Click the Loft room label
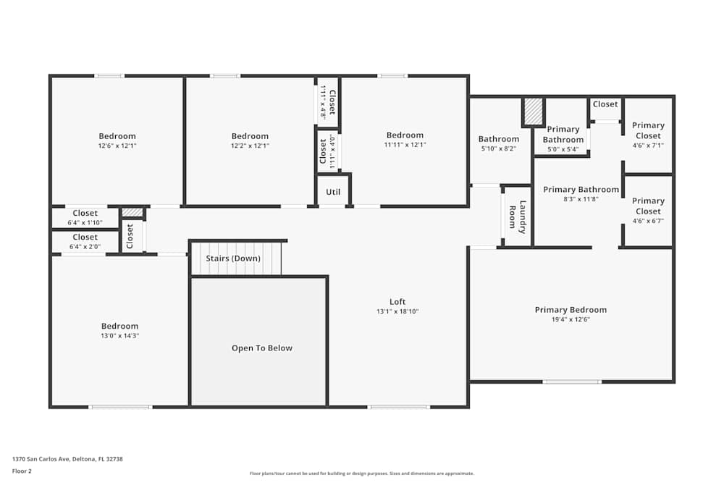(397, 302)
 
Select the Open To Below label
(262, 348)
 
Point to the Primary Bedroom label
(571, 310)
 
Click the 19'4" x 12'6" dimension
(571, 319)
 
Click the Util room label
(333, 193)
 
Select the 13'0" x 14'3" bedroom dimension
(119, 336)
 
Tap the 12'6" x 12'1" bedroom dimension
(117, 146)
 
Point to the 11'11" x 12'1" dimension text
(405, 145)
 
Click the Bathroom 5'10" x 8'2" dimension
(498, 148)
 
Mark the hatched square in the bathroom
(533, 112)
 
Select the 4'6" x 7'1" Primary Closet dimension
(648, 145)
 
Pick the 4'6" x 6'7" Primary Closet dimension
(648, 221)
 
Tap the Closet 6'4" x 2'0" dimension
(85, 246)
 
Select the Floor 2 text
(22, 471)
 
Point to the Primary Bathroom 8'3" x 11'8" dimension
(581, 199)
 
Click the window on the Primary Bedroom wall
(572, 382)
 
